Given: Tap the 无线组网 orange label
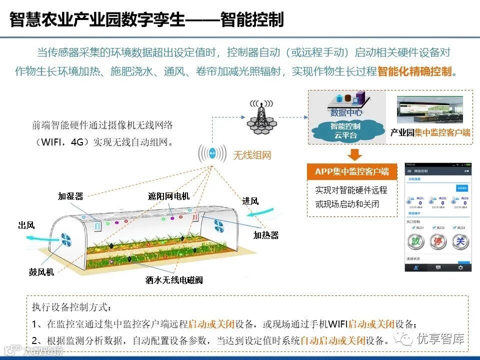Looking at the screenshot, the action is (252, 155).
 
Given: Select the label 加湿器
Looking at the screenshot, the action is (70, 196).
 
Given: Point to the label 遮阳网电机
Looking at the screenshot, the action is (168, 196).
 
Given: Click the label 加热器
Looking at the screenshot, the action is (265, 234).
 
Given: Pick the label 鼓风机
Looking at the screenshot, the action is (41, 272).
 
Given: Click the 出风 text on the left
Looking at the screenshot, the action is (26, 225).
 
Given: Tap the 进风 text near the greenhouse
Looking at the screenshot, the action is (250, 201).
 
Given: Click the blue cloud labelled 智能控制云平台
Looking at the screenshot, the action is (345, 130).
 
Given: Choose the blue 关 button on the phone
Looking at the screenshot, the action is (460, 241).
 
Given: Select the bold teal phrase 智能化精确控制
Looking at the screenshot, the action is (414, 71).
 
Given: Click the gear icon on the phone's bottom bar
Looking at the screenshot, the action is (460, 267).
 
